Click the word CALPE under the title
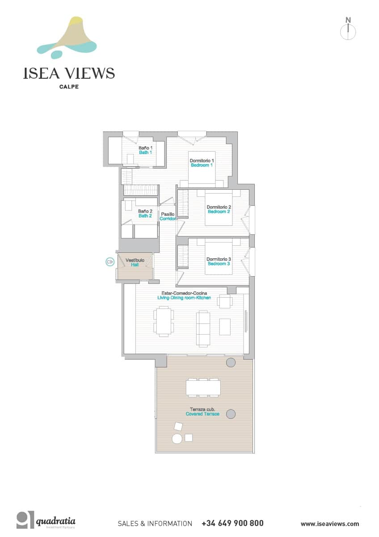tap(69, 87)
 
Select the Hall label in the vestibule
tap(135, 265)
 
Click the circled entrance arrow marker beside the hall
tap(109, 262)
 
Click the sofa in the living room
tap(203, 329)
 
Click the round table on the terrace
tap(177, 439)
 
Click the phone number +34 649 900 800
tap(232, 523)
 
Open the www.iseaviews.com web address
tap(329, 524)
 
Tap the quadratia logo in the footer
tap(46, 520)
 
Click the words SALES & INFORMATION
tap(155, 524)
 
